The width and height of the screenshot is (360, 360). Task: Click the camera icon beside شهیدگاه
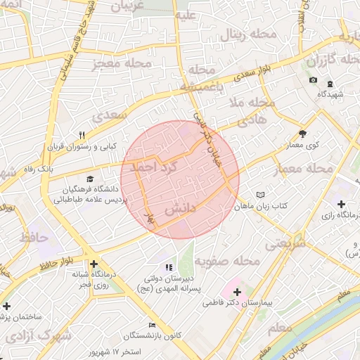313,80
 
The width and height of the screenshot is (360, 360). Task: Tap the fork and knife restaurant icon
82,135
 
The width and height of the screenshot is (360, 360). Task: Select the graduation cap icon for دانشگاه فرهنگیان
89,179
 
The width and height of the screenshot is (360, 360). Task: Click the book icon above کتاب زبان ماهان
261,194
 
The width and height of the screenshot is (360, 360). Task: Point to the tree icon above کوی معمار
302,133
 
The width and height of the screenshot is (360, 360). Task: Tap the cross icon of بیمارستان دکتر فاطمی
236,291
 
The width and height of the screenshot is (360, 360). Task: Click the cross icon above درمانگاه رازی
341,203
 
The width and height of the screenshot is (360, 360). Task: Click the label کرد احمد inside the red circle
156,167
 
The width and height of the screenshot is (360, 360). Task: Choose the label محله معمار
309,169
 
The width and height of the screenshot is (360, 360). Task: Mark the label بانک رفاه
55,170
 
